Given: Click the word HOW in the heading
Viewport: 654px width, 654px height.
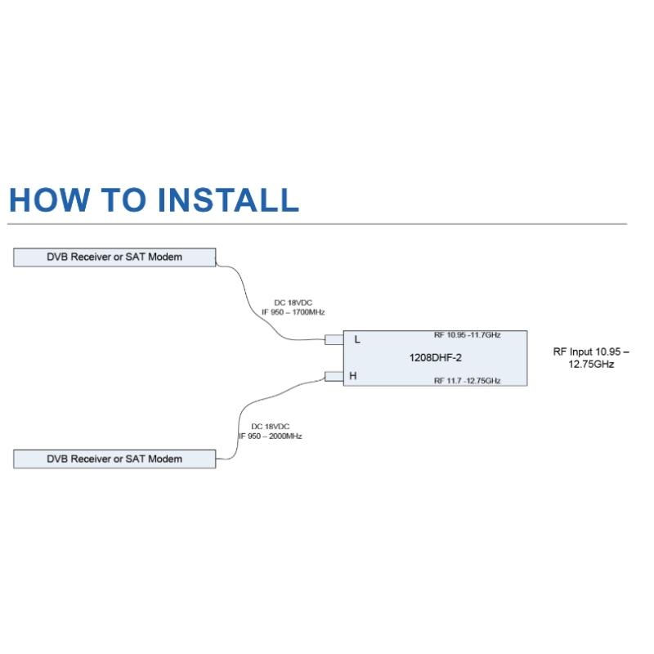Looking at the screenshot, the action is pos(49,199).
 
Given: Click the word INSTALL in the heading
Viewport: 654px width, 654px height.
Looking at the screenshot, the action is pos(229,199).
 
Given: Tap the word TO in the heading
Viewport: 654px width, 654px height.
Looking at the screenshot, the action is pos(124,199).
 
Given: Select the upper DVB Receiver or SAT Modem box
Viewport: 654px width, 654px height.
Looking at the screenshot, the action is pos(114,257).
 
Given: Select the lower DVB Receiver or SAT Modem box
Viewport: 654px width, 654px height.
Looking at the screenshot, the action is pos(114,459).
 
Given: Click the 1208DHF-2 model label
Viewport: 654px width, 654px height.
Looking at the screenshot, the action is pos(436,357).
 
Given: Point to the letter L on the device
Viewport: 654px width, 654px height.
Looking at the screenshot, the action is pos(357,339).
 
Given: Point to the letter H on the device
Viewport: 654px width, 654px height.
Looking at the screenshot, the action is pos(353,376).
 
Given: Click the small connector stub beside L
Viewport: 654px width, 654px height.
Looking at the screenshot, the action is pos(334,339).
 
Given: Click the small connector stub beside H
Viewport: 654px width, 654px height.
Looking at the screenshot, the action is pos(334,376).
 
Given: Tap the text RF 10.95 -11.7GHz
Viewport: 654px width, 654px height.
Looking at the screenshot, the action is pos(467,335).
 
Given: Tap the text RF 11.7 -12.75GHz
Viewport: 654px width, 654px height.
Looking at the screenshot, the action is pos(467,380).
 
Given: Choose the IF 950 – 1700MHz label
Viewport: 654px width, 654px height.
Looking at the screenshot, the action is pos(293,312).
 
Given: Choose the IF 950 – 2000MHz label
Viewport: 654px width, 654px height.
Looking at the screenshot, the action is pos(271,436).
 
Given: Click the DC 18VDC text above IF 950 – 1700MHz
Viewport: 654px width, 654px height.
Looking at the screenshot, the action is pos(293,302).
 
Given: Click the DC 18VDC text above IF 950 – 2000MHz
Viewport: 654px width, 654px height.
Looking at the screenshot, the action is pos(271,426).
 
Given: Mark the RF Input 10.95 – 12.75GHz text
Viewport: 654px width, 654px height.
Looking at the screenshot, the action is pos(591,358).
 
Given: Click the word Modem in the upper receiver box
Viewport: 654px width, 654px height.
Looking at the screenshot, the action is pos(165,257).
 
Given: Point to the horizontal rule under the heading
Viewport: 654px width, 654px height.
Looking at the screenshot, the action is pos(317,224).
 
